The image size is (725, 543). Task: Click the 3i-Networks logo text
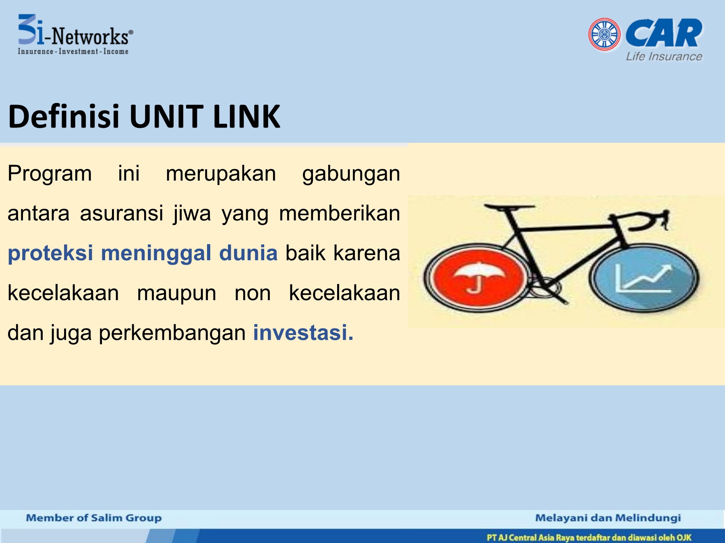(x=75, y=35)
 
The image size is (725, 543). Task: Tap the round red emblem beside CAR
(x=604, y=34)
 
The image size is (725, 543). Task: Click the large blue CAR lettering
(x=664, y=33)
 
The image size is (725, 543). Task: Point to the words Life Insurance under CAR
(x=664, y=57)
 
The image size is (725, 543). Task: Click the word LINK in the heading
(x=246, y=117)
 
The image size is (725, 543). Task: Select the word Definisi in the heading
(x=64, y=117)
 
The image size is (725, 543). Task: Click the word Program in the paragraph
(x=50, y=174)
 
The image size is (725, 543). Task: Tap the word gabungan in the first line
(x=351, y=174)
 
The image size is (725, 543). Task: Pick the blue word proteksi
(x=50, y=253)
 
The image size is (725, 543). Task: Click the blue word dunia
(x=248, y=253)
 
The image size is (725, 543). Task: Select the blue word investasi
(x=303, y=333)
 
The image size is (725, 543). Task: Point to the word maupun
(x=176, y=293)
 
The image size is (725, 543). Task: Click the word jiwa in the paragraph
(x=192, y=214)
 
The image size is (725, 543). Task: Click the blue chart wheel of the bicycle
(x=644, y=278)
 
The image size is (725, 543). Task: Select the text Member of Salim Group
(x=94, y=518)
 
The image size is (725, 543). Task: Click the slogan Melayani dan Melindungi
(x=608, y=518)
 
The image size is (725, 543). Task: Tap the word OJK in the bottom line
(x=684, y=537)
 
